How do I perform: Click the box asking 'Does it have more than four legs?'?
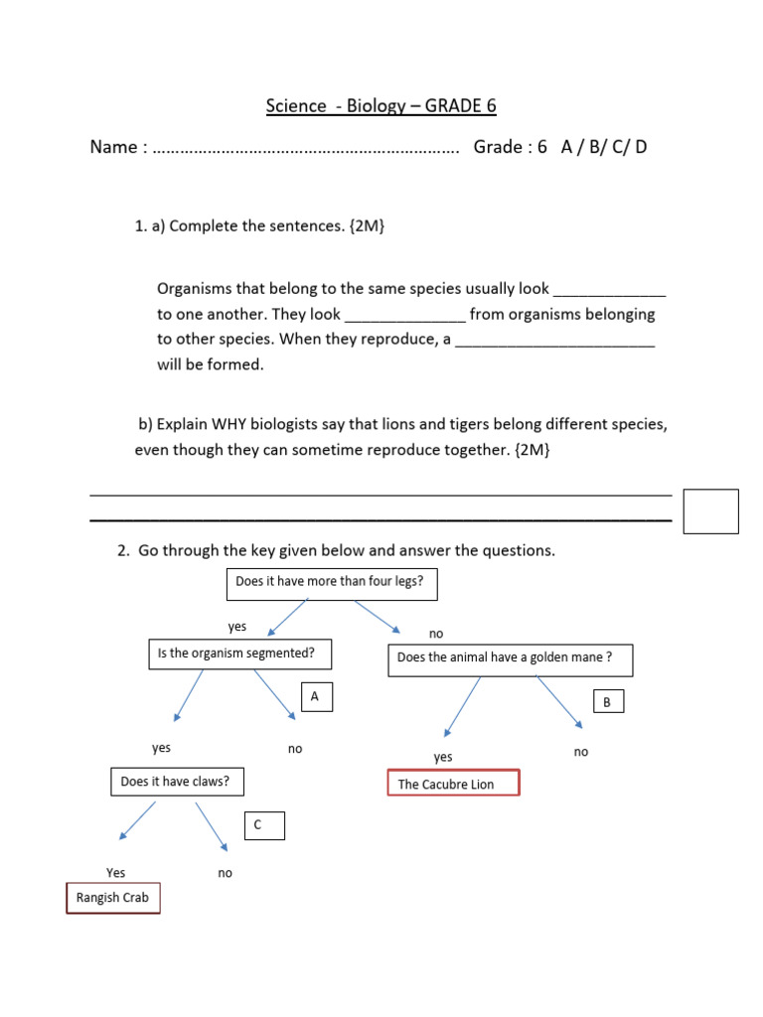332,583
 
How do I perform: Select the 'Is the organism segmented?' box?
238,654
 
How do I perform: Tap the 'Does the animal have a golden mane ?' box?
509,658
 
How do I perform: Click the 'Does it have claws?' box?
176,783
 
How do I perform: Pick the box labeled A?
315,697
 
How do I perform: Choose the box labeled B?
608,702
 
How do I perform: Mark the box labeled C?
264,825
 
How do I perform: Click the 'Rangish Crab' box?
113,898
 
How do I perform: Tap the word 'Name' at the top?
113,147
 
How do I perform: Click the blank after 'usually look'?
609,290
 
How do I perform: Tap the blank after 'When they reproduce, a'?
555,340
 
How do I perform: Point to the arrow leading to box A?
275,692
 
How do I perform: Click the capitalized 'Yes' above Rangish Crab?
116,873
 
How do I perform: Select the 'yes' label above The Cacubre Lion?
443,758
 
